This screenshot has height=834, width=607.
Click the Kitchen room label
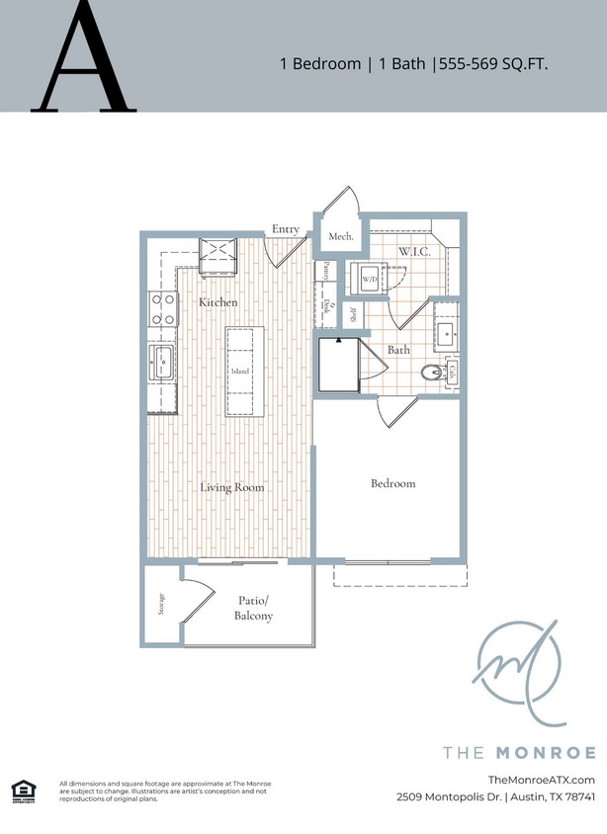tap(217, 301)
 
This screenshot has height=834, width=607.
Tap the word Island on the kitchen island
tap(240, 372)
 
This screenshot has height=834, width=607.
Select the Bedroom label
tap(392, 483)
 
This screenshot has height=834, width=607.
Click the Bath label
tap(398, 350)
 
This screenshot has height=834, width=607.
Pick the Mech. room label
tap(341, 237)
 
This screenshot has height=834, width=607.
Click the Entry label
tap(286, 229)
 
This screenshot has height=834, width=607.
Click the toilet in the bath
tap(431, 373)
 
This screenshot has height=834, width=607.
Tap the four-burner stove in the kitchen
tap(163, 309)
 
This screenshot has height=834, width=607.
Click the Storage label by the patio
tap(162, 604)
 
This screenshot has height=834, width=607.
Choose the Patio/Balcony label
tap(254, 608)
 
